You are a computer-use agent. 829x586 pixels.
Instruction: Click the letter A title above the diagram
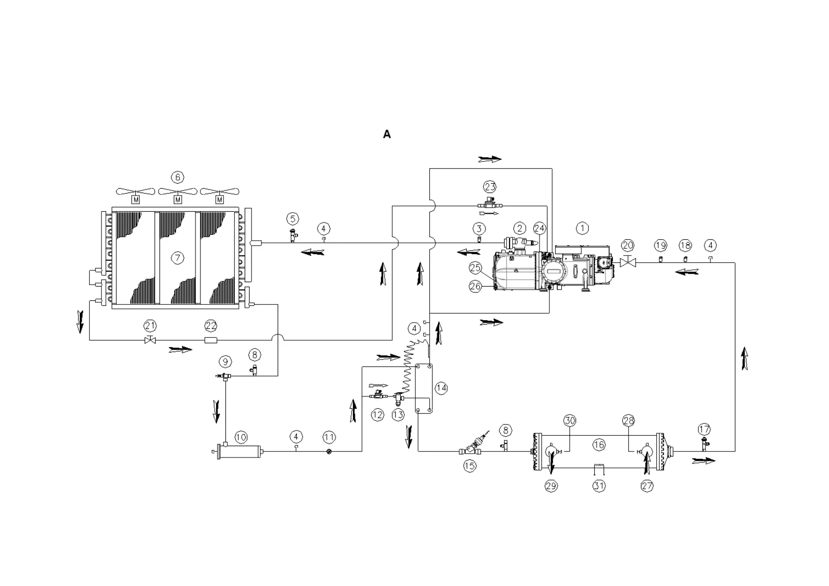coord(387,134)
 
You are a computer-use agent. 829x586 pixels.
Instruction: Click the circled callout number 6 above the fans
coord(178,177)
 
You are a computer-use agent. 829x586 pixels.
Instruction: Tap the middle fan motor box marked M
coord(178,200)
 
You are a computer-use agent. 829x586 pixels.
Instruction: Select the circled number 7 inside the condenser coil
coord(178,258)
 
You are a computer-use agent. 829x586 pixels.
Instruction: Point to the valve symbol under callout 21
coord(150,340)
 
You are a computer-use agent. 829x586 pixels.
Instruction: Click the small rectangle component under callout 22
coord(211,340)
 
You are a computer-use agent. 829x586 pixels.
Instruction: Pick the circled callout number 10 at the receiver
coord(241,437)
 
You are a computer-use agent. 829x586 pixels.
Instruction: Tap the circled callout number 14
coord(441,388)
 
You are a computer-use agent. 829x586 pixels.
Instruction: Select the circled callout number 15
coord(470,466)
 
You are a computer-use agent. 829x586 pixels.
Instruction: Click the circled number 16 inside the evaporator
coord(599,445)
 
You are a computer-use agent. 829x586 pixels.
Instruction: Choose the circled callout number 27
coord(647,486)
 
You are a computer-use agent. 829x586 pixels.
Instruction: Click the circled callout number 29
coord(551,486)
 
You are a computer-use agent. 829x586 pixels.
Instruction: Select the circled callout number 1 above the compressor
coord(582,228)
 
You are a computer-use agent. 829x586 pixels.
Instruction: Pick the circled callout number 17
coord(704,430)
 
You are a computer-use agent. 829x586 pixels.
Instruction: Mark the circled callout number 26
coord(475,286)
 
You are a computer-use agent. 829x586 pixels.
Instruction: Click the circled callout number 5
coord(293,219)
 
